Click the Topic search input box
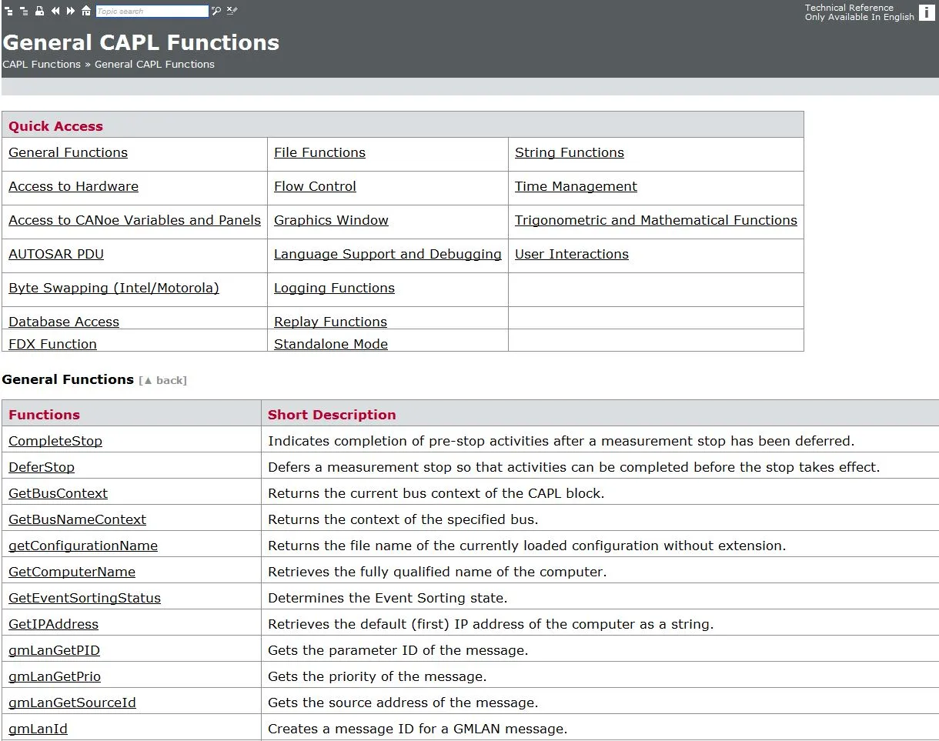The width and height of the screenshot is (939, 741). (x=152, y=12)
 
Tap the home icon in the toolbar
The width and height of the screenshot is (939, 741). (x=86, y=12)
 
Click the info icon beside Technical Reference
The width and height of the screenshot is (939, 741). (x=927, y=12)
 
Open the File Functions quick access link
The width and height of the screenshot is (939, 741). (x=319, y=152)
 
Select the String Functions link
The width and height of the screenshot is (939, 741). (x=569, y=152)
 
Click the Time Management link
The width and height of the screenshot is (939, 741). (x=576, y=186)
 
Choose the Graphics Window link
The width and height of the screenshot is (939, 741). (x=331, y=220)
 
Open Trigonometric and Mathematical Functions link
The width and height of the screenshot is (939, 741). (x=656, y=220)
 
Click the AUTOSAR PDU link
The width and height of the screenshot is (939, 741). (x=56, y=254)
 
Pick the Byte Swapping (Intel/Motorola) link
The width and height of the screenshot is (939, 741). (x=114, y=288)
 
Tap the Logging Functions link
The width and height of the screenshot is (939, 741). (x=334, y=288)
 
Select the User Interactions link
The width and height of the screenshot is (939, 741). (x=571, y=254)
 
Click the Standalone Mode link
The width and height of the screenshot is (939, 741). (x=331, y=344)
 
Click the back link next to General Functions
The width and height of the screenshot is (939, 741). (x=163, y=380)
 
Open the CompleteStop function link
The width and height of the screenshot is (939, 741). (x=55, y=441)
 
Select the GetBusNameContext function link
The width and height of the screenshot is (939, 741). (x=77, y=519)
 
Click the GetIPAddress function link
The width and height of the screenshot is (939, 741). (x=53, y=624)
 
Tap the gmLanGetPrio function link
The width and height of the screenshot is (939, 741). (x=55, y=676)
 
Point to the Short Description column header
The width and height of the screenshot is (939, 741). (x=332, y=415)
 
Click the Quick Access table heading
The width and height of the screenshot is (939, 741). (x=55, y=126)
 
